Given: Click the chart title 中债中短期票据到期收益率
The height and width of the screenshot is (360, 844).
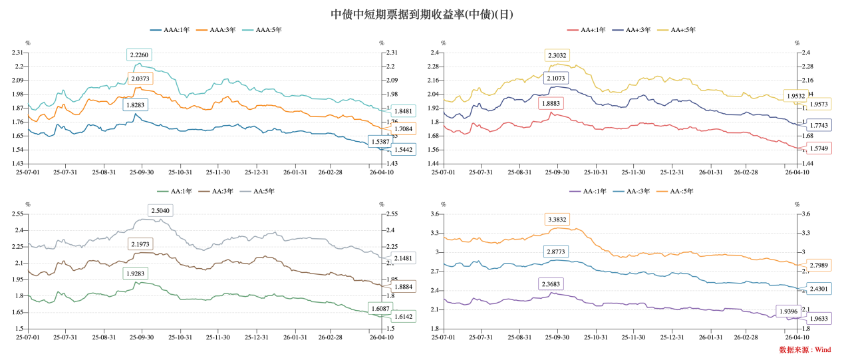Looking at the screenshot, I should [x=422, y=14].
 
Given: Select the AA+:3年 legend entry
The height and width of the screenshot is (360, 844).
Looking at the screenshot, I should [x=629, y=30].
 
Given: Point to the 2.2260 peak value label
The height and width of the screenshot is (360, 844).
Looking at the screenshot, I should [x=140, y=55].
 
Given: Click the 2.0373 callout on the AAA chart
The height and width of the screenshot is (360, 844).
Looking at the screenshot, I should [x=140, y=79].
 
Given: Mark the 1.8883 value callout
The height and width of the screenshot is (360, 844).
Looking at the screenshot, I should [x=551, y=104].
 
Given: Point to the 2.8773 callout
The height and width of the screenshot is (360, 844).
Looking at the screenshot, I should [x=551, y=252].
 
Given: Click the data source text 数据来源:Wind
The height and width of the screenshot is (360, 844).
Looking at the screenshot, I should [x=805, y=349].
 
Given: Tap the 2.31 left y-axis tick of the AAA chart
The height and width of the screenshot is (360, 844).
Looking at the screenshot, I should [x=17, y=53].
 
